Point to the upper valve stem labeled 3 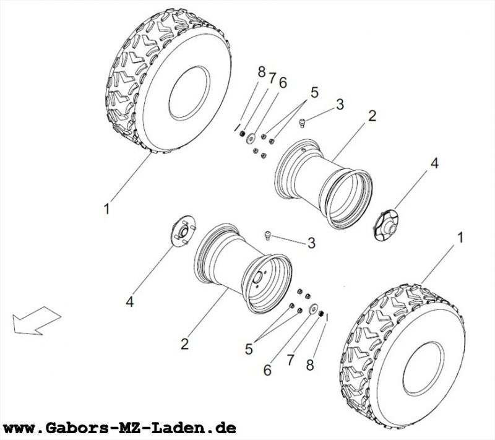click(x=303, y=123)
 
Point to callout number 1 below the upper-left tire click(x=106, y=210)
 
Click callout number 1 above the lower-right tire click(x=459, y=237)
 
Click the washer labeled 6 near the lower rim click(x=314, y=308)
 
